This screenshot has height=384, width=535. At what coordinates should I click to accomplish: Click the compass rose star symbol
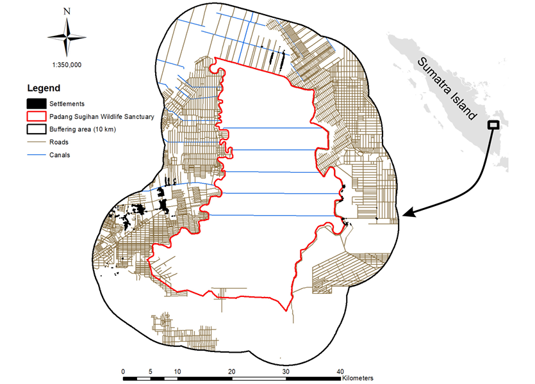click(67, 36)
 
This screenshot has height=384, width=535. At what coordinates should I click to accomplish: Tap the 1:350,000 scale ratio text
click(67, 65)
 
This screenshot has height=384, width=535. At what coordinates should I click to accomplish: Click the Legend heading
click(43, 88)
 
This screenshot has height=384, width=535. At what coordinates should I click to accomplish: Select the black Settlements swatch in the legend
click(36, 103)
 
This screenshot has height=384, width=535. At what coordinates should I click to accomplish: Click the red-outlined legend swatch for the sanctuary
click(36, 116)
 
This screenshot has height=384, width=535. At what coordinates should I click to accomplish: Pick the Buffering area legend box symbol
click(36, 129)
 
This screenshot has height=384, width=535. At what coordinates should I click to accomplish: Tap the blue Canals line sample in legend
click(36, 155)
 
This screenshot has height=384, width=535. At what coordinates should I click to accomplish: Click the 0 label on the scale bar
click(123, 371)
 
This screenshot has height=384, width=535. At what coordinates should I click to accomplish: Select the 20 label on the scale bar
click(232, 371)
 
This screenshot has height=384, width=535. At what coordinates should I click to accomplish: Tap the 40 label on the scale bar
click(340, 371)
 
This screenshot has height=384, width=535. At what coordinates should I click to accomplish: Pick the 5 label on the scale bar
click(150, 371)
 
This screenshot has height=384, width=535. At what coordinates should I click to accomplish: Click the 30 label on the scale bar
click(286, 371)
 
